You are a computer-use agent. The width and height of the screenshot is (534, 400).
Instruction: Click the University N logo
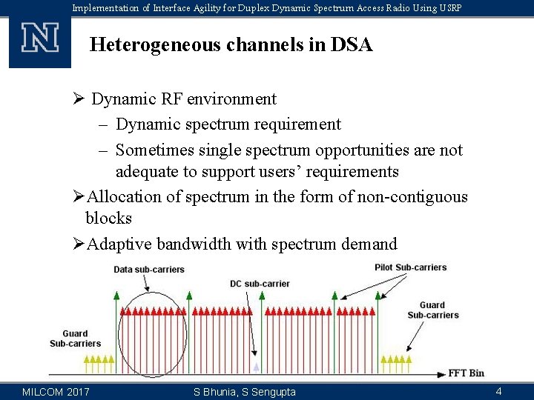[39, 38]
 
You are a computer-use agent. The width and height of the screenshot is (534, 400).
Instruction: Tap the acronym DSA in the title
[352, 45]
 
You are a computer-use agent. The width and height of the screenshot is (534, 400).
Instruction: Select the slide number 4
[499, 391]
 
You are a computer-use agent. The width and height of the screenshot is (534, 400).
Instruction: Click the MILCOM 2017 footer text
[56, 391]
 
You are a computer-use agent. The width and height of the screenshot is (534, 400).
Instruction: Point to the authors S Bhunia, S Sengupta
[244, 391]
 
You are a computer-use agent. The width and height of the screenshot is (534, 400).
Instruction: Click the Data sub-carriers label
[149, 270]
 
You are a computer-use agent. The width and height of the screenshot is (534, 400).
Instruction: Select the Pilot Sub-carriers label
[410, 267]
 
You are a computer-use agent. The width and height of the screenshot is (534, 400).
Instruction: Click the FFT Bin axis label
[466, 373]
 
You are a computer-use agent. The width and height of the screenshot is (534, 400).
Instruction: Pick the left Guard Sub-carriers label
[75, 339]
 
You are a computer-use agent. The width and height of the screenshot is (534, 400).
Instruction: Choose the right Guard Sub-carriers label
[432, 310]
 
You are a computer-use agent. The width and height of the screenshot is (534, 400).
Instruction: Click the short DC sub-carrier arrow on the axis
[257, 366]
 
